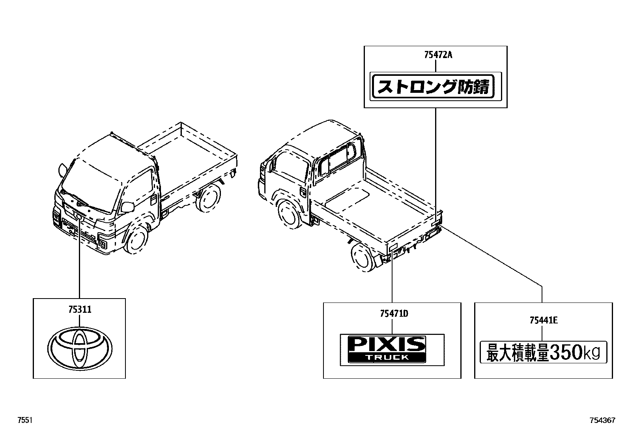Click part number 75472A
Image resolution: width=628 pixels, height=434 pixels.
[x=438, y=55]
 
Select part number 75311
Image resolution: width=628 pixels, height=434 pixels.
[x=79, y=310]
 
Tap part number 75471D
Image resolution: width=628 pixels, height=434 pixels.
[x=394, y=314]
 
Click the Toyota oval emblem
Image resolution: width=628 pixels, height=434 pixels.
[x=80, y=345]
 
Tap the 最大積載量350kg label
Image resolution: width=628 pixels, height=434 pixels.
[x=543, y=352]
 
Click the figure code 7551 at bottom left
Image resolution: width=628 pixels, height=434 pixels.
[x=24, y=421]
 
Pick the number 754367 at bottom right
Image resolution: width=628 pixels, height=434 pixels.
[x=602, y=421]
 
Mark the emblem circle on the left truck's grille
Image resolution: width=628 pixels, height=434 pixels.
[x=78, y=216]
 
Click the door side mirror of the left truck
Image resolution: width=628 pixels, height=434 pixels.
[x=127, y=207]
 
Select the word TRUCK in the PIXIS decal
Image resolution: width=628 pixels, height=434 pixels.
[x=386, y=358]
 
